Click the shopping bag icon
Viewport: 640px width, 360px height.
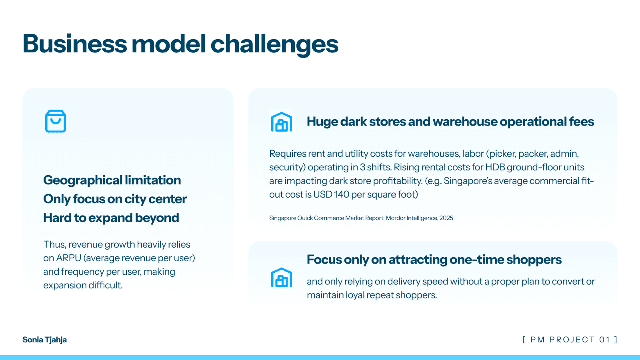(56, 121)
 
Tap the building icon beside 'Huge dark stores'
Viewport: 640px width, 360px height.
(282, 122)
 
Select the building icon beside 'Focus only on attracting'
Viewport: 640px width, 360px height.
(282, 278)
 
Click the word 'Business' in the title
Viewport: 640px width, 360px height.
(74, 44)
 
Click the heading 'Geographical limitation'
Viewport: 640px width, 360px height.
(112, 180)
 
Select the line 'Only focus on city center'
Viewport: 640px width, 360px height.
(115, 199)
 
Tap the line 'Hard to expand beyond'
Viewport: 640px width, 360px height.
(111, 218)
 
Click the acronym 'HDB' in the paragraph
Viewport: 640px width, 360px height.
(495, 167)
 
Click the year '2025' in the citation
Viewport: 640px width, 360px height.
(446, 218)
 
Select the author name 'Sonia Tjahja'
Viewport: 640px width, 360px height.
(44, 340)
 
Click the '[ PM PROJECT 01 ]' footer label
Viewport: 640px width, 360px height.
(570, 340)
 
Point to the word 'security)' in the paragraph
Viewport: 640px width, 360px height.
(287, 168)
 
